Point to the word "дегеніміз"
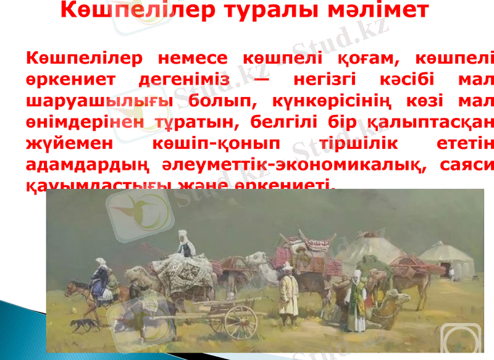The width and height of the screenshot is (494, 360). [184, 80]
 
